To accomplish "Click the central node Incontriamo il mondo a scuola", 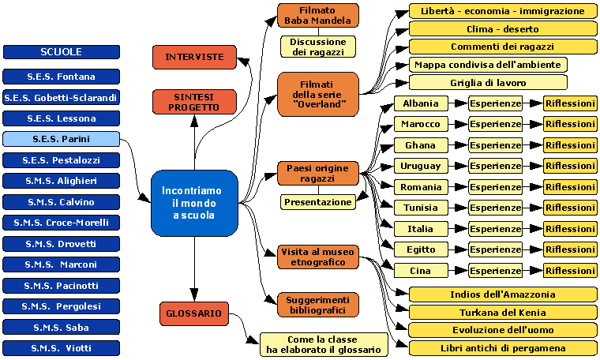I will point(194,203).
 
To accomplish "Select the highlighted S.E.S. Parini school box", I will point(61,139).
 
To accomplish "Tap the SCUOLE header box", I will point(61,52).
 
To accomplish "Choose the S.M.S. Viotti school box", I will point(61,347).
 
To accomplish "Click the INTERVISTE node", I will point(194,57).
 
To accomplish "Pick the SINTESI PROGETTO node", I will point(194,102).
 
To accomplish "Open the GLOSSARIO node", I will point(194,313).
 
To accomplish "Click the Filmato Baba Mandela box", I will point(317,15).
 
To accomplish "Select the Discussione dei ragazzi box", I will point(317,47).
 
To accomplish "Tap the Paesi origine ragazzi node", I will point(317,173).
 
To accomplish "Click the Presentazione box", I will point(317,202).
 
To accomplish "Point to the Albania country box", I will point(421,103).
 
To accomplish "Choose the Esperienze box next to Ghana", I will point(495,145).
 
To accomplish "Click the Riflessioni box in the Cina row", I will point(569,271).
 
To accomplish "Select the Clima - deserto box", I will point(502,28).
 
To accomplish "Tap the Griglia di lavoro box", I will point(488,82).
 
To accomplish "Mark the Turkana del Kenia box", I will point(502,312).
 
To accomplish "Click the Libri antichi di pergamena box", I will point(502,348).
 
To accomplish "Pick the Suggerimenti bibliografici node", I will point(317,304).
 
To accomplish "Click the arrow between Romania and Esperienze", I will point(459,187).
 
